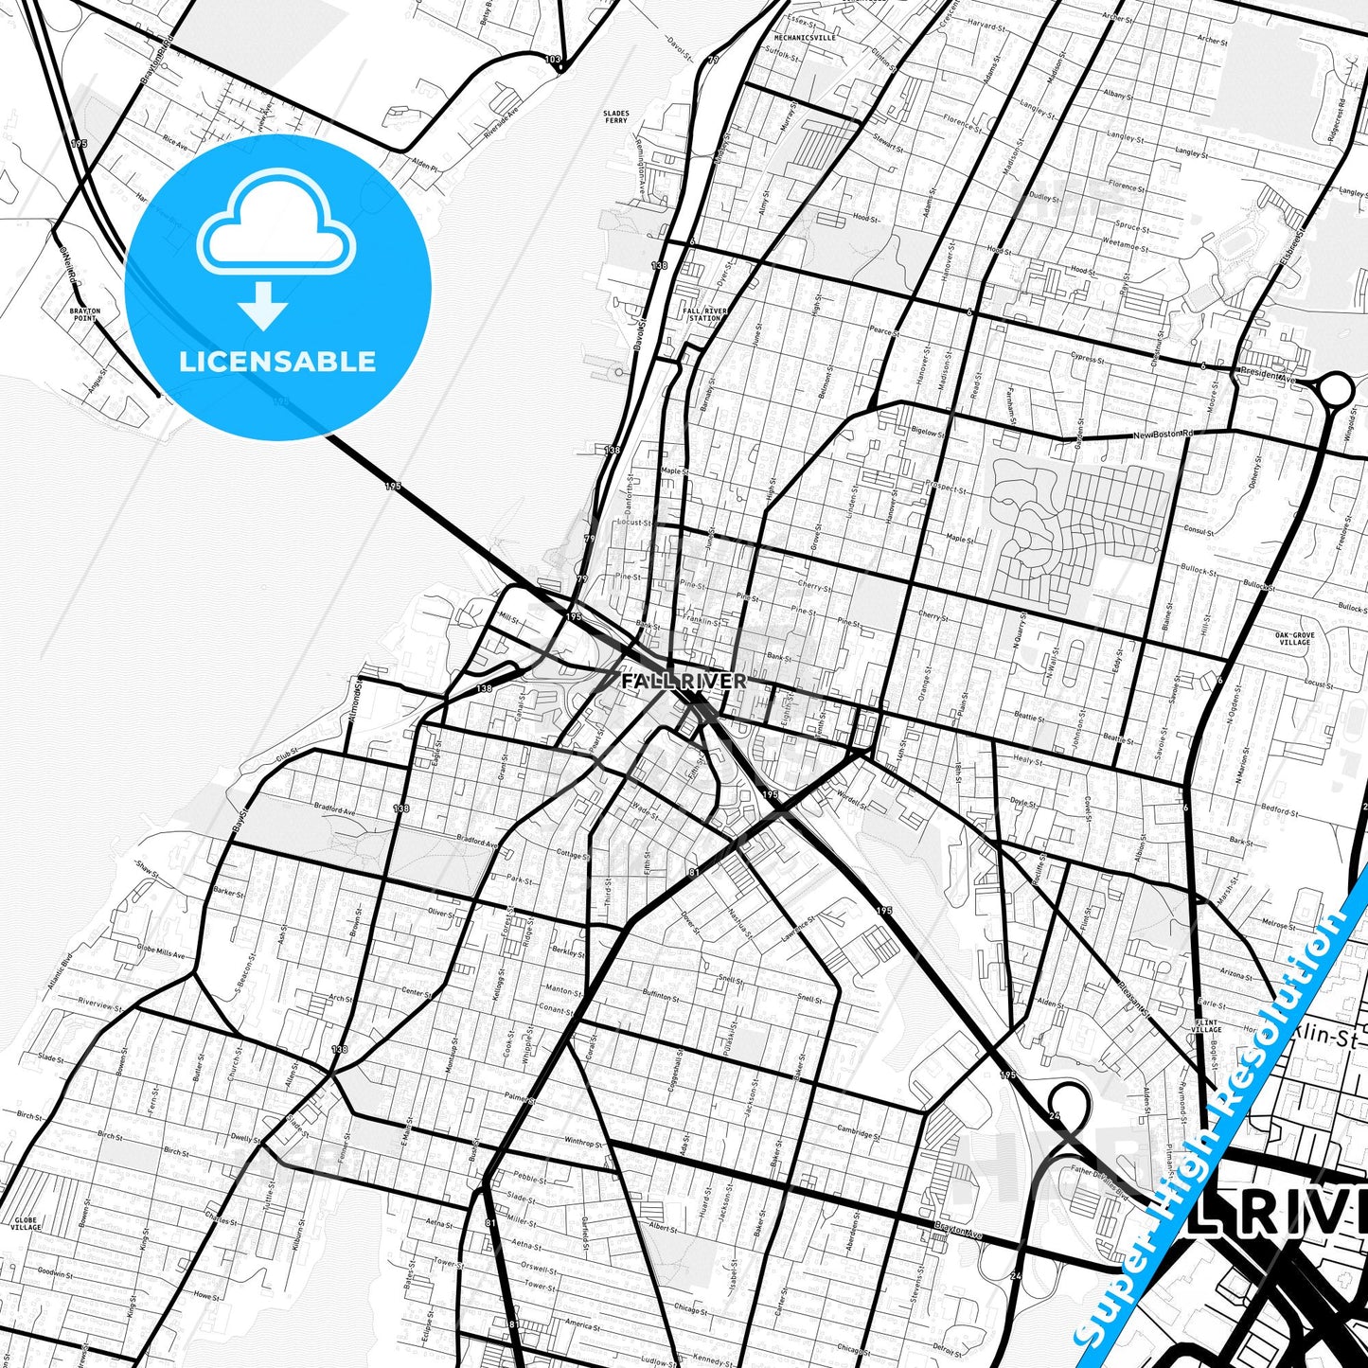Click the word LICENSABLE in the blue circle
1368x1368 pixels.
pyautogui.click(x=277, y=362)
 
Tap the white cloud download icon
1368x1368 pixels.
pyautogui.click(x=275, y=248)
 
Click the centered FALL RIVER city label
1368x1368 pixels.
pyautogui.click(x=684, y=681)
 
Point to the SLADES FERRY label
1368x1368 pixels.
pyautogui.click(x=616, y=117)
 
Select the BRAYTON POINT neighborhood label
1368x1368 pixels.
pyautogui.click(x=84, y=314)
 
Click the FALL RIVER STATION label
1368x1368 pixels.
pyautogui.click(x=704, y=314)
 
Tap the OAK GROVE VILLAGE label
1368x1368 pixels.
pyautogui.click(x=1294, y=639)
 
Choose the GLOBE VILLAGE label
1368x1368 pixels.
pyautogui.click(x=26, y=1224)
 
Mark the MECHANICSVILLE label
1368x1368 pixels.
pyautogui.click(x=806, y=38)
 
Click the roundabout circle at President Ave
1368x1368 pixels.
pyautogui.click(x=1335, y=388)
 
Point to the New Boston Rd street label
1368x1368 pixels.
pyautogui.click(x=1164, y=435)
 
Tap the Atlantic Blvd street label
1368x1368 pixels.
pyautogui.click(x=59, y=972)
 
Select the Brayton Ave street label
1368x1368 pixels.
pyautogui.click(x=958, y=1231)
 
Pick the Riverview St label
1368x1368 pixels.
pyautogui.click(x=99, y=1003)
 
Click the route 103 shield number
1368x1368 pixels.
pyautogui.click(x=553, y=60)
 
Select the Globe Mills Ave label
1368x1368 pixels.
pyautogui.click(x=161, y=951)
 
